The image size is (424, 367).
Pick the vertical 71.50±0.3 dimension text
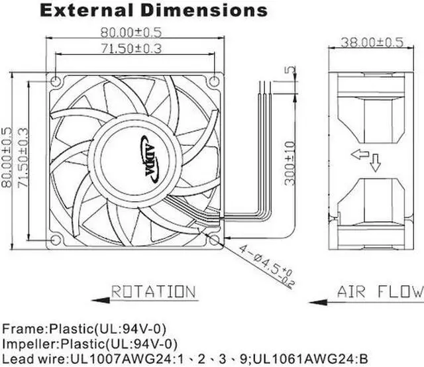[x=24, y=157]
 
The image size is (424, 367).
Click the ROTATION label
[x=152, y=291]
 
